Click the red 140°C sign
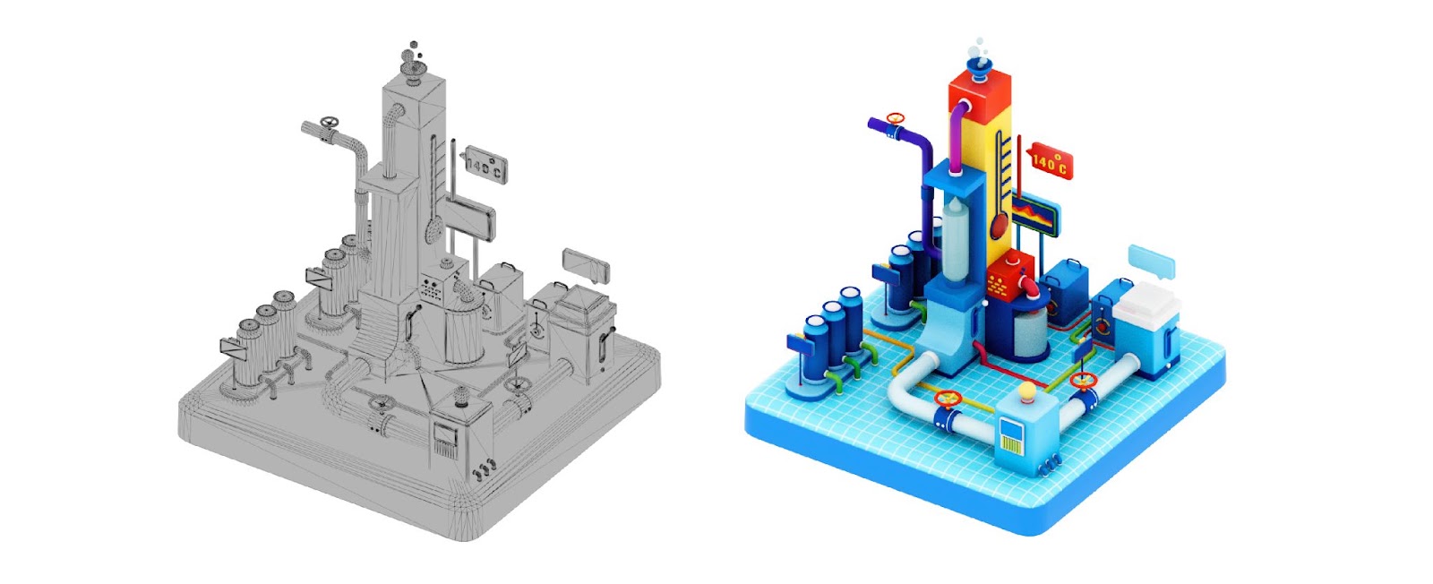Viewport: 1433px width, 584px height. pos(1049,160)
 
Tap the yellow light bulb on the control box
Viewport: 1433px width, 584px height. pos(1026,391)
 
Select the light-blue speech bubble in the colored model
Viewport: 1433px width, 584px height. pos(1152,262)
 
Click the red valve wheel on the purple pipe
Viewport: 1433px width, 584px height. pos(896,118)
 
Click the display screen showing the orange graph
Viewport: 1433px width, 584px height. pos(1035,217)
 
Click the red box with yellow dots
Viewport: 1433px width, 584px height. pos(1009,277)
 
